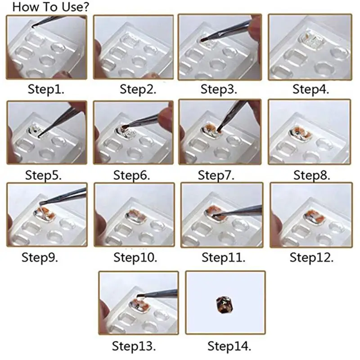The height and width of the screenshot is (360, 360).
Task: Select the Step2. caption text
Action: click(138, 89)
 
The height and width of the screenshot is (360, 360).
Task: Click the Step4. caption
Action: click(311, 89)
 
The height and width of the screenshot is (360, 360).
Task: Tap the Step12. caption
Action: click(311, 258)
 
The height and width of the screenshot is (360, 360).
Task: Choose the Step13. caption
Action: click(134, 346)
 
